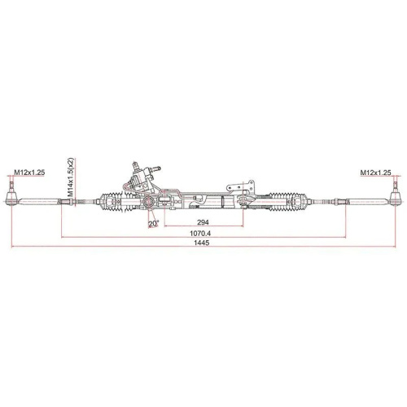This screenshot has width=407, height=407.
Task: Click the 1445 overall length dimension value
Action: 201,243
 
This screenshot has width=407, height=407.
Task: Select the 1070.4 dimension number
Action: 200,233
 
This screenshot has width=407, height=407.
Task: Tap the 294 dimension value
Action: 203,222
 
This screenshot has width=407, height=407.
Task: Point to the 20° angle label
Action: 153,224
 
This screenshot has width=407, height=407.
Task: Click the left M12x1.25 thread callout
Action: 29,172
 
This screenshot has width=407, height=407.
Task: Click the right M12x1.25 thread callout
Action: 375,172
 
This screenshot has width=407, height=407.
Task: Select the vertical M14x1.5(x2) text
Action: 71,177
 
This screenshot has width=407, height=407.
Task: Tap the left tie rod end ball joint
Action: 12,199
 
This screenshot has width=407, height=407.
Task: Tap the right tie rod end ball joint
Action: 396,199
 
